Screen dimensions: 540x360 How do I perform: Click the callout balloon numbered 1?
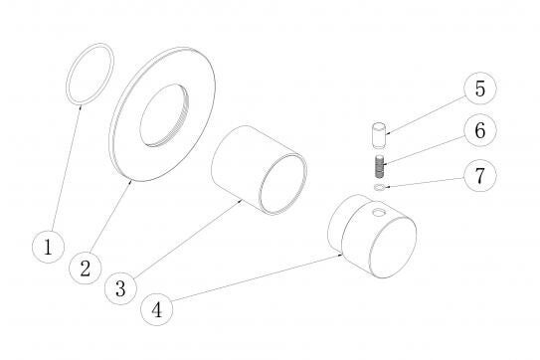click(48, 247)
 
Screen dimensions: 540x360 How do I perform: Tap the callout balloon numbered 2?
click(86, 269)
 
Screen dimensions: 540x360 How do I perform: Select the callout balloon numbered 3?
click(120, 288)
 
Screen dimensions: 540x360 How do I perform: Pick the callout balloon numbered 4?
click(157, 309)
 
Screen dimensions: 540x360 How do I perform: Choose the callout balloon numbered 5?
click(480, 89)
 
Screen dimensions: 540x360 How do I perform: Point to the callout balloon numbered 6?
click(480, 130)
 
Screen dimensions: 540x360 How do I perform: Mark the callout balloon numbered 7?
click(480, 175)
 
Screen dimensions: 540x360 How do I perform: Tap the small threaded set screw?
click(379, 167)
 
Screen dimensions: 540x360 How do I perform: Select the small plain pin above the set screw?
click(379, 135)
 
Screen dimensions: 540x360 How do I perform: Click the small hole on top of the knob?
click(379, 213)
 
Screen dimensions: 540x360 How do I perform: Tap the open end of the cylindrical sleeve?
click(283, 184)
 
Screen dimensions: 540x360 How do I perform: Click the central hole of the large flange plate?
click(165, 115)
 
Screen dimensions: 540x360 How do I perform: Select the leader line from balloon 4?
click(257, 278)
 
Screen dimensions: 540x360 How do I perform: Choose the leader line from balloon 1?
click(67, 168)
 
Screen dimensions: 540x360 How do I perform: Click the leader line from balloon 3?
click(187, 239)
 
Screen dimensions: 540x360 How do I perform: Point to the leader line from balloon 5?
click(426, 115)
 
